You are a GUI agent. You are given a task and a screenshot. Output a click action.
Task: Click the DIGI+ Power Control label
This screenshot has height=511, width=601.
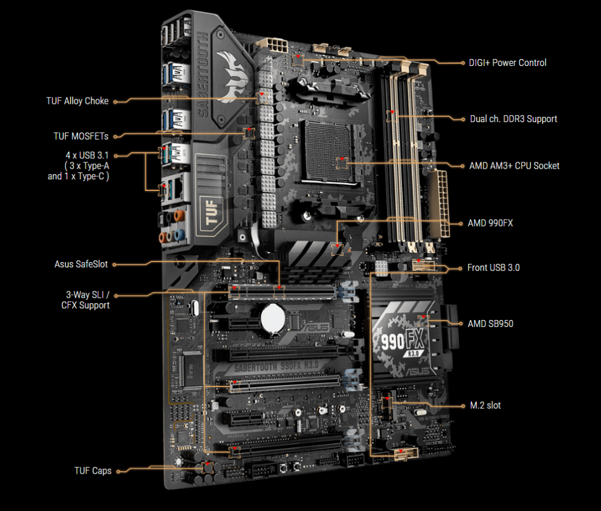508,62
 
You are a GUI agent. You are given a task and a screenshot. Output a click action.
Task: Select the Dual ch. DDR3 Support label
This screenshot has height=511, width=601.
513,119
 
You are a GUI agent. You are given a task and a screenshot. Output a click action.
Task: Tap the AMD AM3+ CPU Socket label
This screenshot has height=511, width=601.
514,166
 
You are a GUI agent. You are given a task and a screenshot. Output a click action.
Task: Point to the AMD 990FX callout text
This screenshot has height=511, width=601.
490,223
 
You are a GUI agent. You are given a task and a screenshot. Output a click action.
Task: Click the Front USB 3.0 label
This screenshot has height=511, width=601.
493,268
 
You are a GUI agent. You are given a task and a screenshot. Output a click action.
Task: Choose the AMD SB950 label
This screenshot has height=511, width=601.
490,323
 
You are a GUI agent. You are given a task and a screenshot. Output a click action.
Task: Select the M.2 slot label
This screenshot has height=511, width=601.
485,405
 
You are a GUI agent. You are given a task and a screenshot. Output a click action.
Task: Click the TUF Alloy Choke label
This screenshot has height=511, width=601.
78,101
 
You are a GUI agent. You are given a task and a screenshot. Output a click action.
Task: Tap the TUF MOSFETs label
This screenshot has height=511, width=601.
81,136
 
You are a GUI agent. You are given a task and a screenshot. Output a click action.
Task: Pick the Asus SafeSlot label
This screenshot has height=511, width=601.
81,265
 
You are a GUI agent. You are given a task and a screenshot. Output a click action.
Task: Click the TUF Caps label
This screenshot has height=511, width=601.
93,470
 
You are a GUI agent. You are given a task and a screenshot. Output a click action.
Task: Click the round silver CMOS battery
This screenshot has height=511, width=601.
272,318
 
